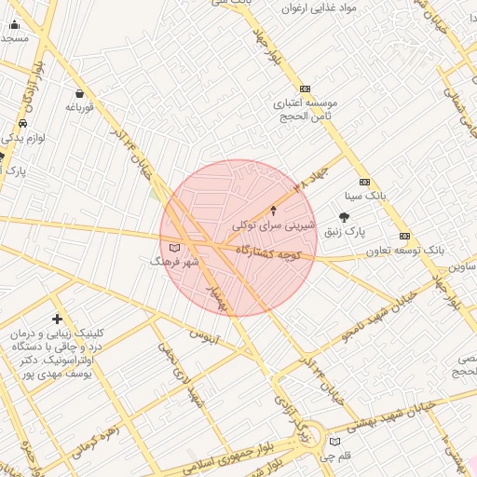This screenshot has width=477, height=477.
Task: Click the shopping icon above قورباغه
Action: coord(79,93)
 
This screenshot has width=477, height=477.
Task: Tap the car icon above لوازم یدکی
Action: coord(22,123)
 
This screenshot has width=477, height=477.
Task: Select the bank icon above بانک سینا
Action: coord(364,182)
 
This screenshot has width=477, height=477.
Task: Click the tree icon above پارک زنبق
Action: coord(344,217)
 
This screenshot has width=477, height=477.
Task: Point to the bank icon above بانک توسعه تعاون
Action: coord(404,236)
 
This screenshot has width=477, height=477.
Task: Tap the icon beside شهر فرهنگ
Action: coord(175,248)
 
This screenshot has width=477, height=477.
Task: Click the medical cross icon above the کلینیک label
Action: coord(58,320)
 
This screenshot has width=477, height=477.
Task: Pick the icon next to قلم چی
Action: coord(334,442)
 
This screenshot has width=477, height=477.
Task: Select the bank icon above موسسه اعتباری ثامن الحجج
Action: coord(305,89)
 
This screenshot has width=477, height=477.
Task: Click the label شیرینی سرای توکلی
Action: coord(274,225)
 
